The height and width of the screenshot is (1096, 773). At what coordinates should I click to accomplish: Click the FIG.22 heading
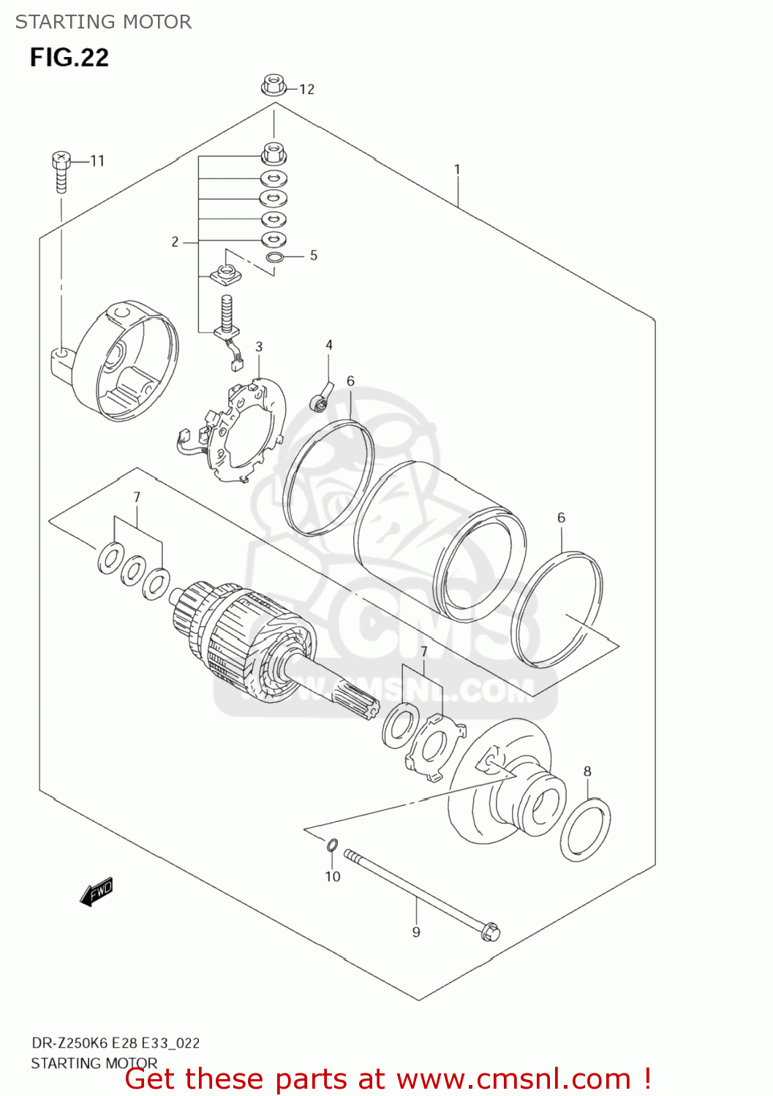[69, 58]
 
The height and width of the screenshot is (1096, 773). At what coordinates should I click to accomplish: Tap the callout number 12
[306, 89]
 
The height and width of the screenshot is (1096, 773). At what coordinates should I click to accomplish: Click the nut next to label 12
[272, 85]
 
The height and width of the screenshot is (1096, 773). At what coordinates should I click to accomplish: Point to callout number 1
[457, 170]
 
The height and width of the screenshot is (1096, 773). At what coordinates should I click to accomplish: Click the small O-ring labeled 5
[274, 257]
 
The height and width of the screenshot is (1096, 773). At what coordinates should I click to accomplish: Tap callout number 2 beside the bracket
[175, 242]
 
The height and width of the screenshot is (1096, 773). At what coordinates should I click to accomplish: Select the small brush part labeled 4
[322, 395]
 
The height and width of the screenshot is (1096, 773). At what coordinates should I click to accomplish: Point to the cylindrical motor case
[439, 541]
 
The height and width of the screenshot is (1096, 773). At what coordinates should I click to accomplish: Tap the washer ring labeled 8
[585, 829]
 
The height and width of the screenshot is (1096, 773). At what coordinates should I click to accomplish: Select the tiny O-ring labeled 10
[331, 845]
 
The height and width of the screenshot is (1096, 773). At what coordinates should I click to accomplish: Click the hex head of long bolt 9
[490, 932]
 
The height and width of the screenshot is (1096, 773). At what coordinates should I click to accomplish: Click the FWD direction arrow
[97, 891]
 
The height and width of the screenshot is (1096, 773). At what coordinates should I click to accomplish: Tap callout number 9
[416, 932]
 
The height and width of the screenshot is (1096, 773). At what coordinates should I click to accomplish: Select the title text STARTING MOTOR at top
[103, 22]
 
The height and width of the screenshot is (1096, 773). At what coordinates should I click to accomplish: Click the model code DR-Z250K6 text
[69, 1043]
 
